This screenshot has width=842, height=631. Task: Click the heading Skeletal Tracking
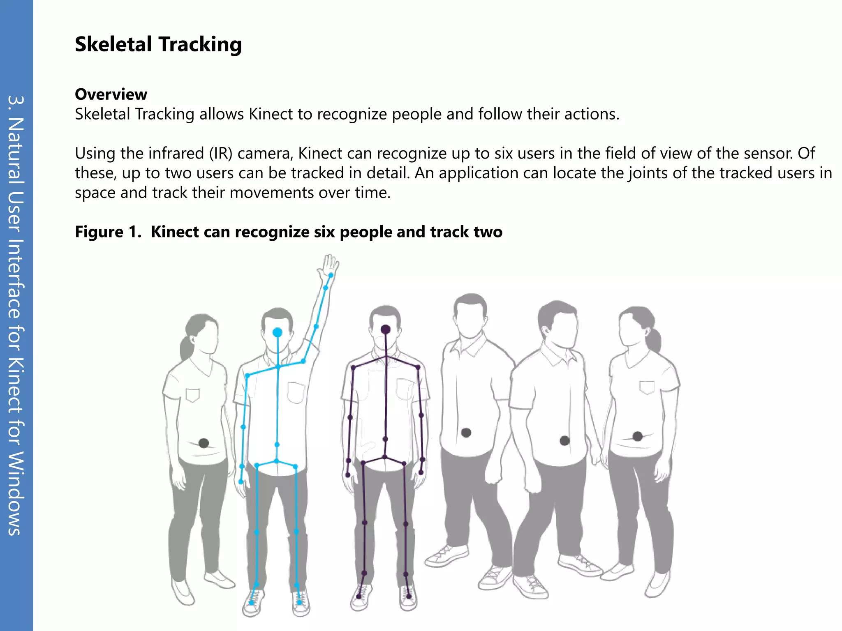[x=158, y=44]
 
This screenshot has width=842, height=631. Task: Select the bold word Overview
[x=111, y=94]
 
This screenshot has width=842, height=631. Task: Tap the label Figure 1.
[x=108, y=232]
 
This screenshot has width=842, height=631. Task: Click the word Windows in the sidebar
[x=16, y=493]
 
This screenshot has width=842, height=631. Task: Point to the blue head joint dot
[x=278, y=332]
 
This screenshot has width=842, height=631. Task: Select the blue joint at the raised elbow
[x=316, y=327]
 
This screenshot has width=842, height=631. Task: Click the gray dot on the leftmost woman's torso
[x=204, y=443]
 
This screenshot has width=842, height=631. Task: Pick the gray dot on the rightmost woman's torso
[x=638, y=436]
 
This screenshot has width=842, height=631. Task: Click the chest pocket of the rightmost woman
[x=647, y=387]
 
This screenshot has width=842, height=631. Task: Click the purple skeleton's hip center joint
[x=385, y=457]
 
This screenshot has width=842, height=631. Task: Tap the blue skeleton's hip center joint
[x=276, y=461]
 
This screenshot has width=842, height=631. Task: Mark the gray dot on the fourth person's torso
[x=466, y=433]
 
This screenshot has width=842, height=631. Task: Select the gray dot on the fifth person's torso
[x=564, y=441]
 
